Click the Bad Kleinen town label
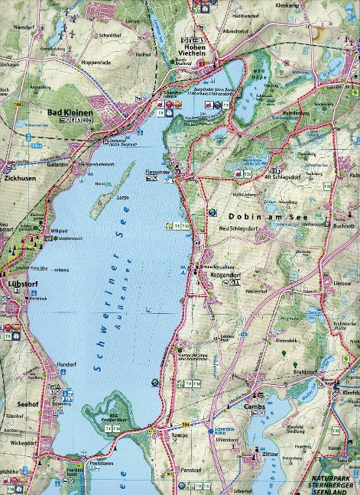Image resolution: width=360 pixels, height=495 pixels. tap(70, 112)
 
